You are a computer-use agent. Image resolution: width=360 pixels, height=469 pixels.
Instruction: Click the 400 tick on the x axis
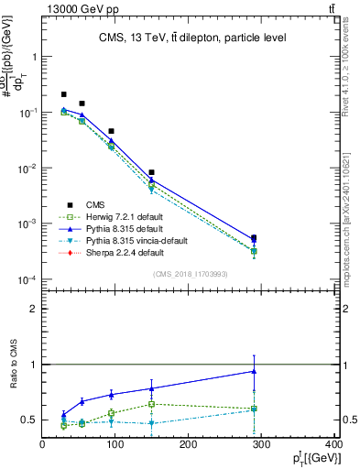[334, 445]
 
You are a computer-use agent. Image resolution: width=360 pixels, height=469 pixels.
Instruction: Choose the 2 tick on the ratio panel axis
[33, 309]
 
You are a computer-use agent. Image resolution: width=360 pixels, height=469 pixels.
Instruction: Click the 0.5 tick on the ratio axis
[29, 420]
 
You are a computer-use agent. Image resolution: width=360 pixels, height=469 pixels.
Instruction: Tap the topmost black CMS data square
[63, 94]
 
